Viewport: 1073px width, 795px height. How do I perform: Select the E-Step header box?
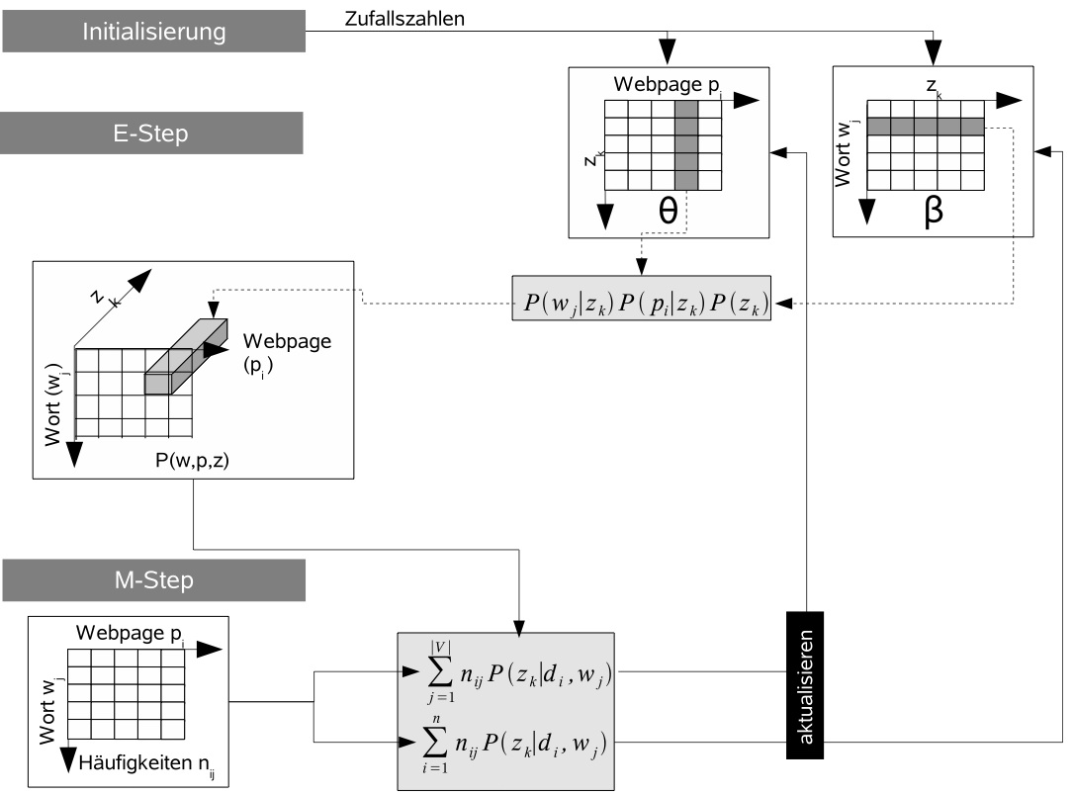pos(152,132)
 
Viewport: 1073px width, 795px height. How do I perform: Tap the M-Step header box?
pos(152,579)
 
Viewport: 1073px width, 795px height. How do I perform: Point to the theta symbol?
pos(668,210)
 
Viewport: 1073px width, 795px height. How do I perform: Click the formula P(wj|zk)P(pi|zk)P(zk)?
pos(643,298)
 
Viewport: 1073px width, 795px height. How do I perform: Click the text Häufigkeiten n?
pos(140,760)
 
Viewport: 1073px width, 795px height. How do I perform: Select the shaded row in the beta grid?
pos(926,126)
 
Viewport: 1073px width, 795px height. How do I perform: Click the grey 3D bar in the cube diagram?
pos(185,354)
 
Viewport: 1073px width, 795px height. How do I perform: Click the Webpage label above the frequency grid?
pos(127,633)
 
